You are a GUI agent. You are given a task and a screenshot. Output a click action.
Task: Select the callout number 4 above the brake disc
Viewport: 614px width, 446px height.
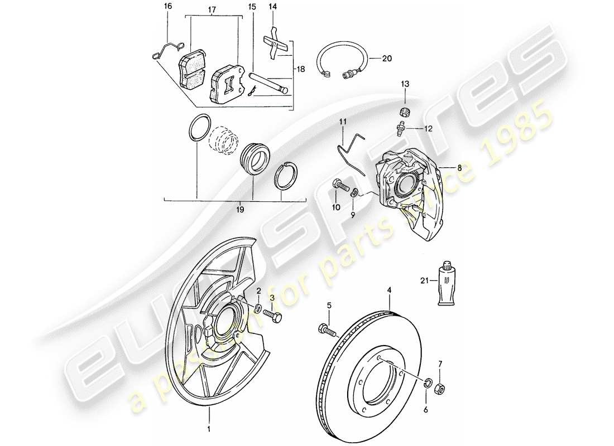[390, 290]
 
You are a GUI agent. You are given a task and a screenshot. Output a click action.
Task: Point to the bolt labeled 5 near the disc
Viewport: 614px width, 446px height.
[327, 330]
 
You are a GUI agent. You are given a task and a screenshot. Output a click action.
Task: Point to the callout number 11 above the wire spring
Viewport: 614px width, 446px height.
[343, 121]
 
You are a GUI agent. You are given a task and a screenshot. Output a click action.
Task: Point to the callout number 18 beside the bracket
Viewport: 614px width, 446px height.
[300, 69]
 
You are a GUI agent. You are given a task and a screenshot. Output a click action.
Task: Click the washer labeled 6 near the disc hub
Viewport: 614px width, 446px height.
[428, 382]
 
